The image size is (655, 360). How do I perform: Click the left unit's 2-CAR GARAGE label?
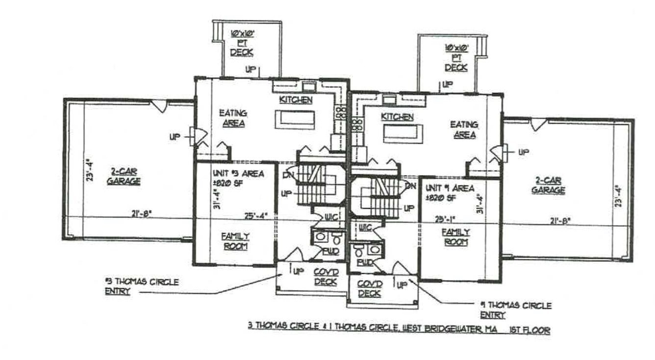click(124, 176)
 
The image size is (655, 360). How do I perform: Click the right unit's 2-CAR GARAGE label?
click(548, 185)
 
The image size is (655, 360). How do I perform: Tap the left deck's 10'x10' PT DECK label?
click(242, 43)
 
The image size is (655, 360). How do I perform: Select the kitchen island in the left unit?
click(294, 119)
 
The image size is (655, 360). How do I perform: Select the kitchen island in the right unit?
click(402, 132)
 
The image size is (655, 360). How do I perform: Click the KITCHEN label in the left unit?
click(296, 100)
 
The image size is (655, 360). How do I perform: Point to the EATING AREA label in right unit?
click(464, 130)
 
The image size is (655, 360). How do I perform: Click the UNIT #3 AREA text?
click(239, 174)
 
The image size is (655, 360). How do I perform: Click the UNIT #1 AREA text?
click(449, 188)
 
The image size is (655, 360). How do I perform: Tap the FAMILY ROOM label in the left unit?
click(236, 241)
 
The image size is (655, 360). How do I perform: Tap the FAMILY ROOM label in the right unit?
click(455, 237)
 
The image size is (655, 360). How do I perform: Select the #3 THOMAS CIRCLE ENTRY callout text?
click(142, 286)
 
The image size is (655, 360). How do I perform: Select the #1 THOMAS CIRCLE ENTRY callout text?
click(515, 310)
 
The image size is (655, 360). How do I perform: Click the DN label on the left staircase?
click(288, 174)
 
